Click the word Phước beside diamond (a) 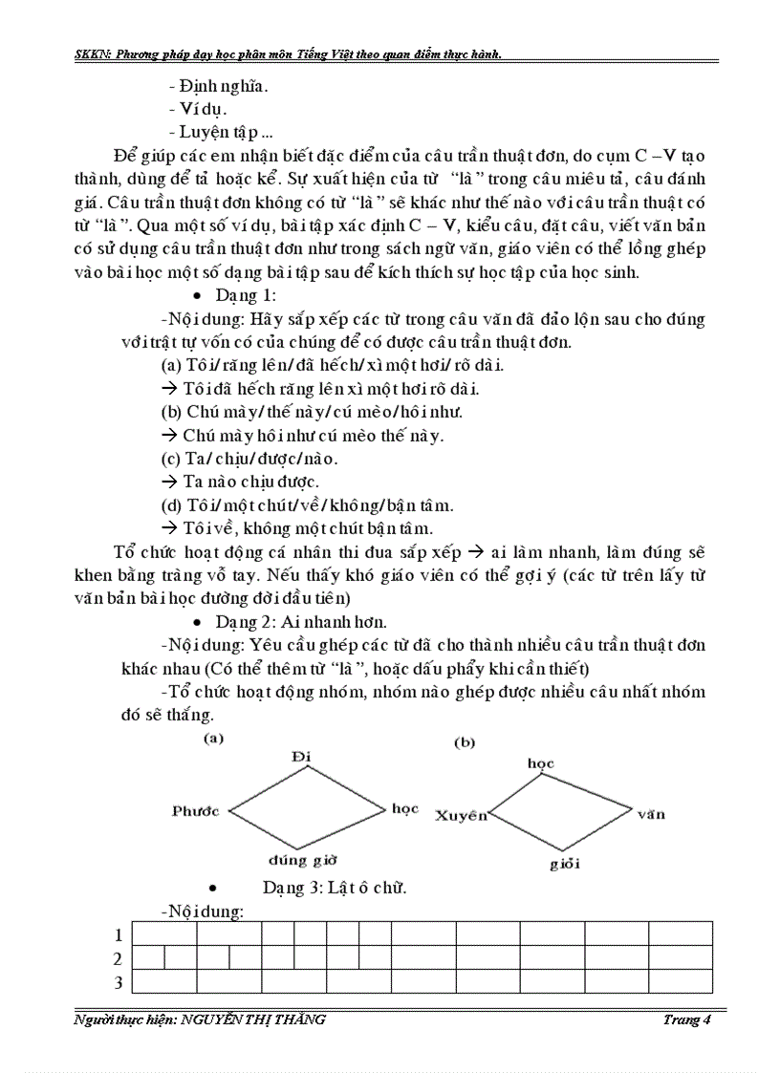tap(195, 810)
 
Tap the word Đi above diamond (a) tap(302, 757)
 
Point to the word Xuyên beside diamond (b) tap(461, 815)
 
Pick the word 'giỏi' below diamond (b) tap(565, 865)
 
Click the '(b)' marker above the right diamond tap(465, 742)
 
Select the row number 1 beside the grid tap(118, 934)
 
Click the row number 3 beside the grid tap(118, 982)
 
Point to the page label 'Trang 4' tap(687, 1019)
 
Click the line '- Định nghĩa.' tap(217, 85)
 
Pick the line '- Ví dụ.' tap(197, 109)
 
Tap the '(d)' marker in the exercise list tap(170, 504)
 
